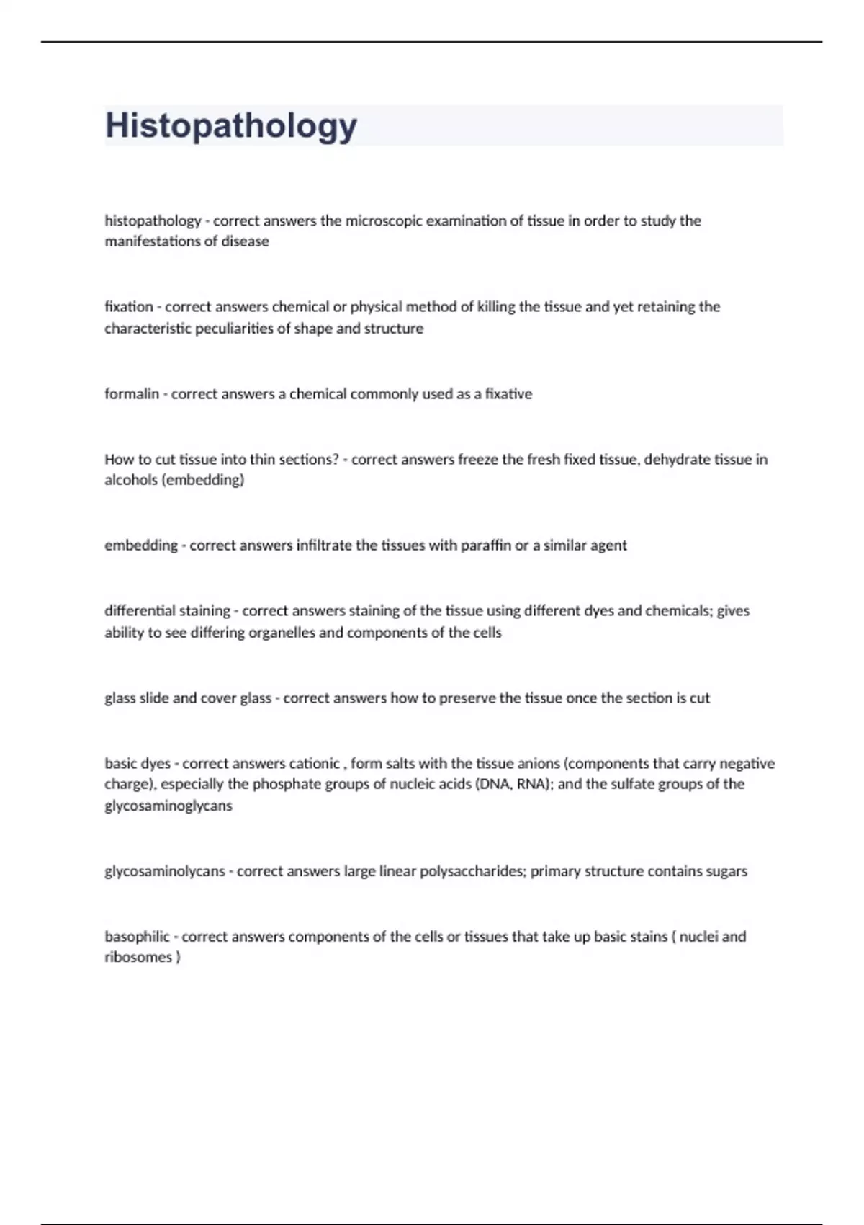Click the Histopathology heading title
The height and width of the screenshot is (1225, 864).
click(x=231, y=126)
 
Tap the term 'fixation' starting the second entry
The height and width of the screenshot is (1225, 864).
click(x=129, y=307)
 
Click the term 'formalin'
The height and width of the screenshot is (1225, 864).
click(x=132, y=394)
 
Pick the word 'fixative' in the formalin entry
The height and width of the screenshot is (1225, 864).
click(x=508, y=394)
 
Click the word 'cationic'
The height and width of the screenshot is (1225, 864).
click(x=314, y=763)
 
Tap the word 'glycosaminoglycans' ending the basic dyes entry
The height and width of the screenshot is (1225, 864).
click(x=168, y=806)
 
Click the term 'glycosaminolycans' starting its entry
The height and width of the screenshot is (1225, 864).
click(x=165, y=871)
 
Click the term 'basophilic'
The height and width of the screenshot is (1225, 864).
click(x=137, y=937)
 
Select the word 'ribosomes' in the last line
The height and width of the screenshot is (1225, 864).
click(x=138, y=958)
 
